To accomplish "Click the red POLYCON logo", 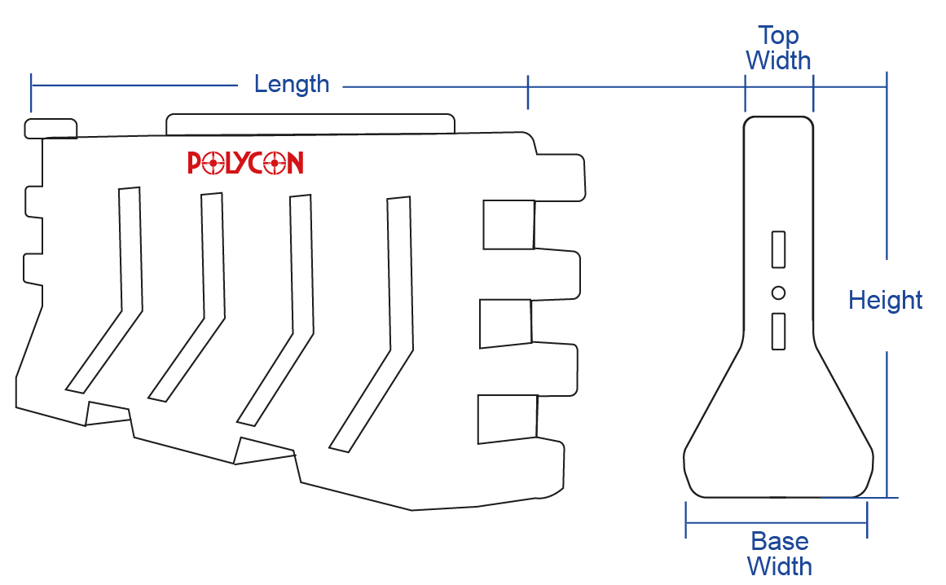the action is pyautogui.click(x=245, y=163).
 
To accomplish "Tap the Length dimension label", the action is pyautogui.click(x=292, y=84).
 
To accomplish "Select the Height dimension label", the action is pyautogui.click(x=885, y=300).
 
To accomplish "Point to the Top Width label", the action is pyautogui.click(x=778, y=48).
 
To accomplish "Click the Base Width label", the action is pyautogui.click(x=780, y=554).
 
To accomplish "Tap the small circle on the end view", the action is pyautogui.click(x=778, y=293).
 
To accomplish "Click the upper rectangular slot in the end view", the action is pyautogui.click(x=778, y=249).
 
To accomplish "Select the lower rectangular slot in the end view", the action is pyautogui.click(x=778, y=331).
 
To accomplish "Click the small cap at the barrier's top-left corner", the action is pyautogui.click(x=51, y=129).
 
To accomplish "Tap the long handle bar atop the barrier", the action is pyautogui.click(x=310, y=124).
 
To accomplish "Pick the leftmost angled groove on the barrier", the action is pyautogui.click(x=103, y=290).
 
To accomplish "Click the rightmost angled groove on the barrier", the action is pyautogui.click(x=371, y=323).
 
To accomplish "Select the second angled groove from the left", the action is pyautogui.click(x=187, y=297).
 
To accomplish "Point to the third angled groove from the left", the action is pyautogui.click(x=275, y=310).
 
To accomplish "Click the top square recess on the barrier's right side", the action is pyautogui.click(x=508, y=225).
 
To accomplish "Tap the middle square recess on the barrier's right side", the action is pyautogui.click(x=505, y=323).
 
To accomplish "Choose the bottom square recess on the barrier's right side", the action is pyautogui.click(x=508, y=419).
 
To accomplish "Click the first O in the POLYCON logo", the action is pyautogui.click(x=213, y=163).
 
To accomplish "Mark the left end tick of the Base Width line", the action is pyautogui.click(x=686, y=520).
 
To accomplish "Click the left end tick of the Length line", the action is pyautogui.click(x=31, y=93).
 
